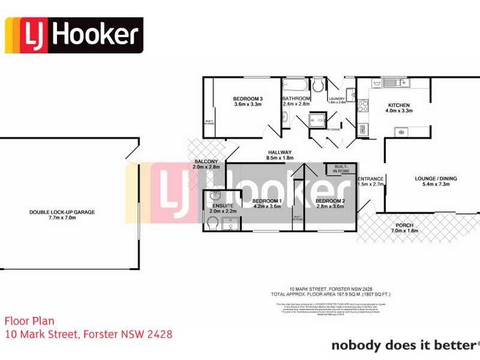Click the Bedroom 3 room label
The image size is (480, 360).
248,98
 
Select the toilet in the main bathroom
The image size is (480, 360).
318,83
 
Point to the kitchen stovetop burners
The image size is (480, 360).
363,106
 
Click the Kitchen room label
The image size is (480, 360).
398,104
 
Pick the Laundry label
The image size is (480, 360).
336,98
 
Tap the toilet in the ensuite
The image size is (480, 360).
212,224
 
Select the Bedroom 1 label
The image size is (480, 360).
267,200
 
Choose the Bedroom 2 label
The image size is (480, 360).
330,200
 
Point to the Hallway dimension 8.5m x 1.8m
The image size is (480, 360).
280,158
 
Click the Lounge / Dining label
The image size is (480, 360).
432,178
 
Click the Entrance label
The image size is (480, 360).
370,179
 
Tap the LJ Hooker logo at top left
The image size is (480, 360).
74,35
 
